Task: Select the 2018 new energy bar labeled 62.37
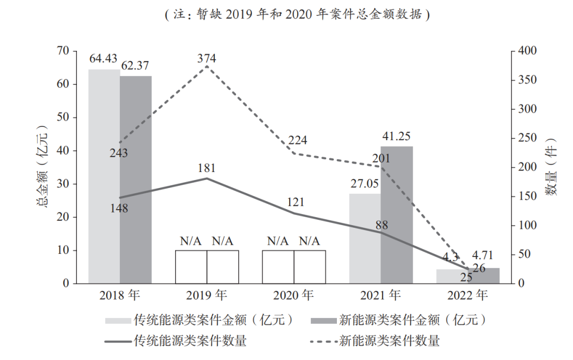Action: (x=136, y=179)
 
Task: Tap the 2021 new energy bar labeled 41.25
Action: (x=396, y=215)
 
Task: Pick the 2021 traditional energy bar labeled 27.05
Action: (x=365, y=238)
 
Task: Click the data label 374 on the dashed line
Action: (x=206, y=58)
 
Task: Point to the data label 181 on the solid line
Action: (x=206, y=168)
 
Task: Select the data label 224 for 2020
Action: (x=298, y=141)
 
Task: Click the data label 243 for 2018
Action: (x=119, y=153)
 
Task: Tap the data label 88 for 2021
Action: (x=381, y=224)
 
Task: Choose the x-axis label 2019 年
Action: (x=206, y=295)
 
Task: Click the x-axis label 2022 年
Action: (x=467, y=295)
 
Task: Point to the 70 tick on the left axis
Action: (x=64, y=51)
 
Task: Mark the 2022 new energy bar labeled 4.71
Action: (x=483, y=276)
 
